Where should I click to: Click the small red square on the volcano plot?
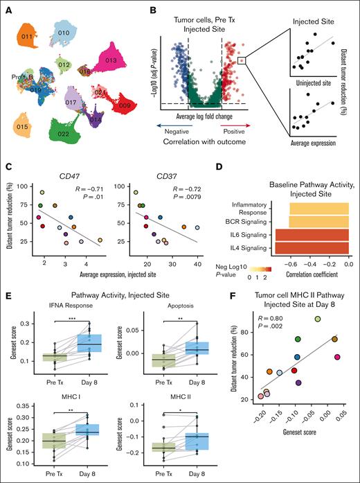pyautogui.click(x=240, y=61)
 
